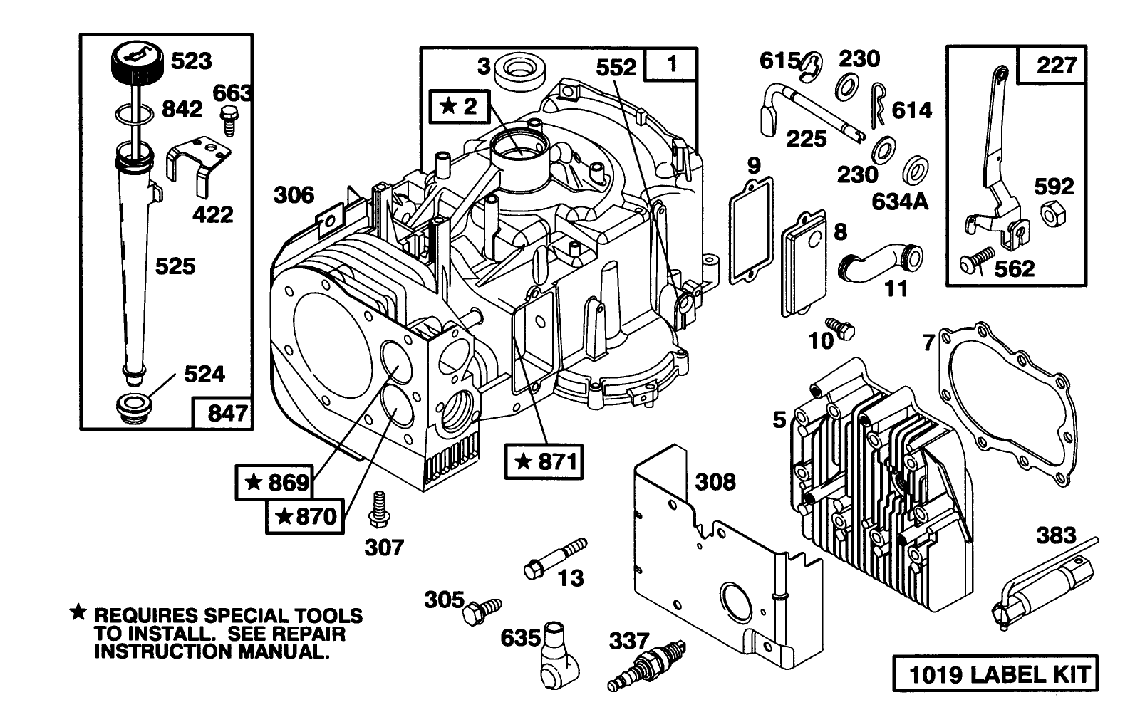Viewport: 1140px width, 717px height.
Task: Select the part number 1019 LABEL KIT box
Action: [x=994, y=675]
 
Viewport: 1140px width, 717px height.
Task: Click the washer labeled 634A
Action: [x=916, y=171]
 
